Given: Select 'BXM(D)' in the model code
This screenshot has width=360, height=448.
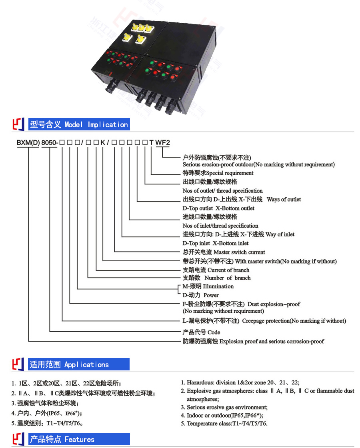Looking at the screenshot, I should [x=28, y=142].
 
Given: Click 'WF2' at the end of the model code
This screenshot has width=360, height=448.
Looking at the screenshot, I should [x=163, y=142].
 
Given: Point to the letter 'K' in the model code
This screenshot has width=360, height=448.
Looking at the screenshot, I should [x=103, y=142].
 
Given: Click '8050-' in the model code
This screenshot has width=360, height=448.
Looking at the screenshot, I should [x=50, y=142].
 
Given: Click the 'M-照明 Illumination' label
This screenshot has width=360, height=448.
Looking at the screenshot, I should [x=208, y=286].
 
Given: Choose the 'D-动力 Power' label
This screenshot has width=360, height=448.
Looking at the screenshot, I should [x=201, y=295].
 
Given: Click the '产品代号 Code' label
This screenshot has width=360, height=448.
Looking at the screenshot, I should [x=201, y=332].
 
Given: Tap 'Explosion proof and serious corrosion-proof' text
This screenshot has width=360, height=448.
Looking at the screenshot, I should [x=272, y=342].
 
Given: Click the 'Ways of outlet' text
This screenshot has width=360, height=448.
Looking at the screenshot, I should [x=284, y=199].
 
